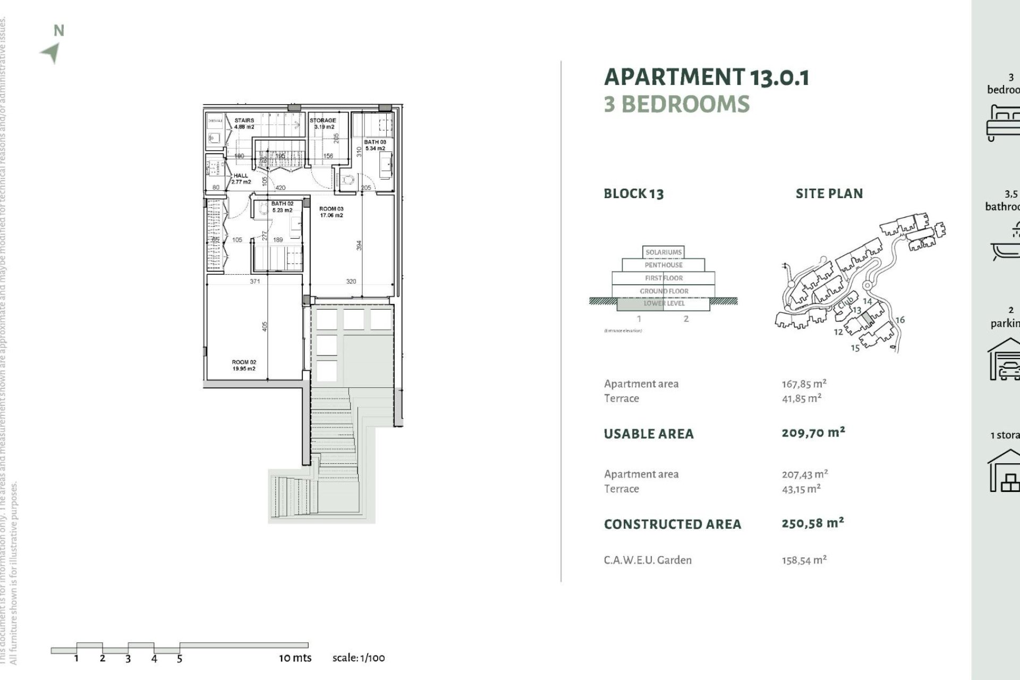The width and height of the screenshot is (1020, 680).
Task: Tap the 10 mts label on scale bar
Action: pyautogui.click(x=295, y=658)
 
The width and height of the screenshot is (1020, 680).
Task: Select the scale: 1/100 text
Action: pyautogui.click(x=359, y=658)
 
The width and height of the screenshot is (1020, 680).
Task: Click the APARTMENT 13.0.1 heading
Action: pyautogui.click(x=707, y=77)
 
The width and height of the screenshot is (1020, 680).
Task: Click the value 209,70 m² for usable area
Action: pyautogui.click(x=813, y=432)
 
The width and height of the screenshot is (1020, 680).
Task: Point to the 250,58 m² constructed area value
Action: pyautogui.click(x=813, y=523)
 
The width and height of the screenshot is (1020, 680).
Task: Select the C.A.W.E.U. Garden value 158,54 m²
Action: pyautogui.click(x=804, y=560)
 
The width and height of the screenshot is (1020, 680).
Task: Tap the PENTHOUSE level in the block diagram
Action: pyautogui.click(x=664, y=265)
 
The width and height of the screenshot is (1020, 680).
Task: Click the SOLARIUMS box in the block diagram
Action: pyautogui.click(x=664, y=252)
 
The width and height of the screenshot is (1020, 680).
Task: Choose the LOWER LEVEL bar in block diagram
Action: pyautogui.click(x=664, y=303)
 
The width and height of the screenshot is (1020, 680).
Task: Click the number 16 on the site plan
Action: pyautogui.click(x=900, y=320)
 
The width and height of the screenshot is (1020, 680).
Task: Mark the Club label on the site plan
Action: pyautogui.click(x=845, y=304)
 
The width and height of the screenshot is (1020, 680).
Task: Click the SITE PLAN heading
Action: pyautogui.click(x=829, y=194)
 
